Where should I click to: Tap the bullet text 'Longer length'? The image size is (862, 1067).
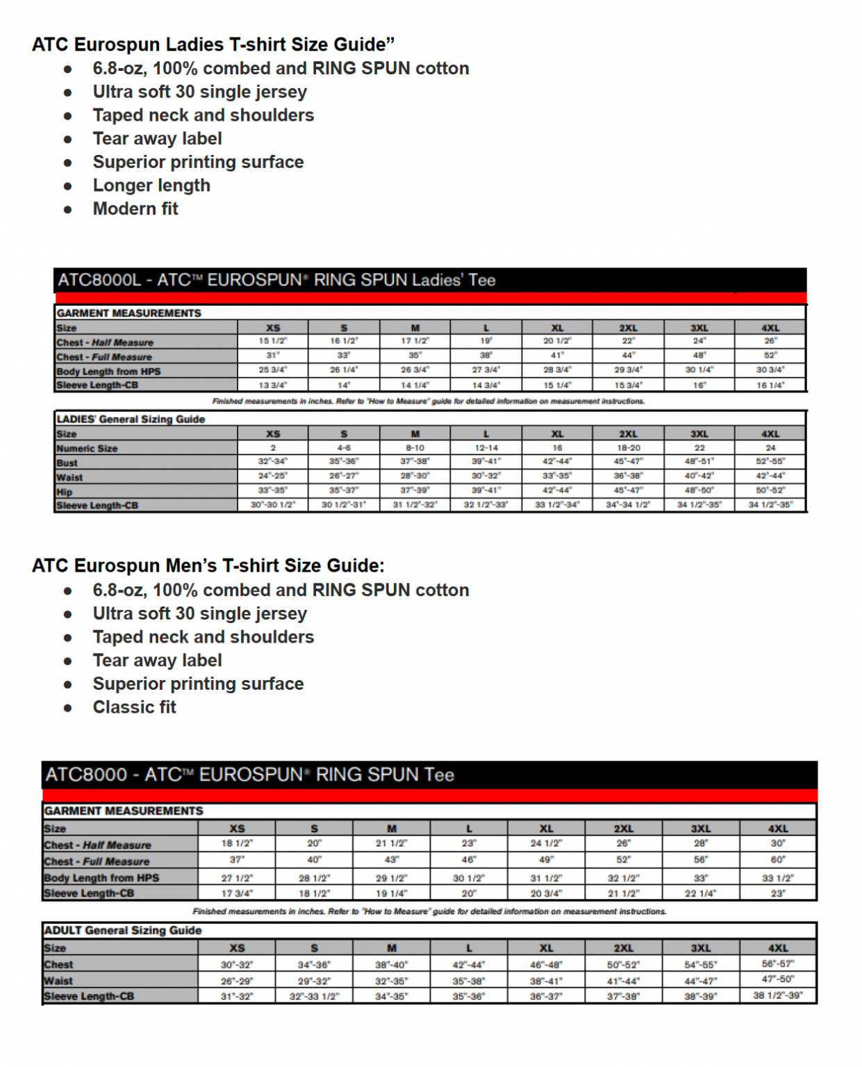[x=151, y=185]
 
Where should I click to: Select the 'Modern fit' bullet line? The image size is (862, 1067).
[x=135, y=209]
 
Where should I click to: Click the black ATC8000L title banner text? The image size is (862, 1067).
[x=276, y=281]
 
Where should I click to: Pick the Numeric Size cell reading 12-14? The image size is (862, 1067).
[x=486, y=448]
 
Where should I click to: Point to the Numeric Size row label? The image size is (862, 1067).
[x=88, y=449]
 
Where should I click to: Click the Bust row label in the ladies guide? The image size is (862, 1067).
[x=67, y=463]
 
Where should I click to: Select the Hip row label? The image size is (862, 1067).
[x=65, y=492]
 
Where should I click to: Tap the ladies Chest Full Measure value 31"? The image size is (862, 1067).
[x=273, y=355]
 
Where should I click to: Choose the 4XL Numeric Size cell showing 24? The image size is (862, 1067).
[x=770, y=448]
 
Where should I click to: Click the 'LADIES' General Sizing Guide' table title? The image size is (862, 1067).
[x=131, y=420]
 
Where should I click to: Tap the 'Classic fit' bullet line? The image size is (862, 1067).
[x=134, y=707]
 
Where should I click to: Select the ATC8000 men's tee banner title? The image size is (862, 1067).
[x=250, y=775]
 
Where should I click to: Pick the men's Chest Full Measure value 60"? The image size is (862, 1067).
[x=778, y=860]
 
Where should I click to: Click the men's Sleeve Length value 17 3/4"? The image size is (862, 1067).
[x=237, y=893]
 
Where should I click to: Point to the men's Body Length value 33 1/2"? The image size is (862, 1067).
[x=778, y=878]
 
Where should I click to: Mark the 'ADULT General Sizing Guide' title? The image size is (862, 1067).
[x=123, y=931]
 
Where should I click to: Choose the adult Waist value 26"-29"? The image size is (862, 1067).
[x=237, y=981]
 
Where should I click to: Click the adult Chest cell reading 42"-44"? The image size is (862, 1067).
[x=469, y=964]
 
